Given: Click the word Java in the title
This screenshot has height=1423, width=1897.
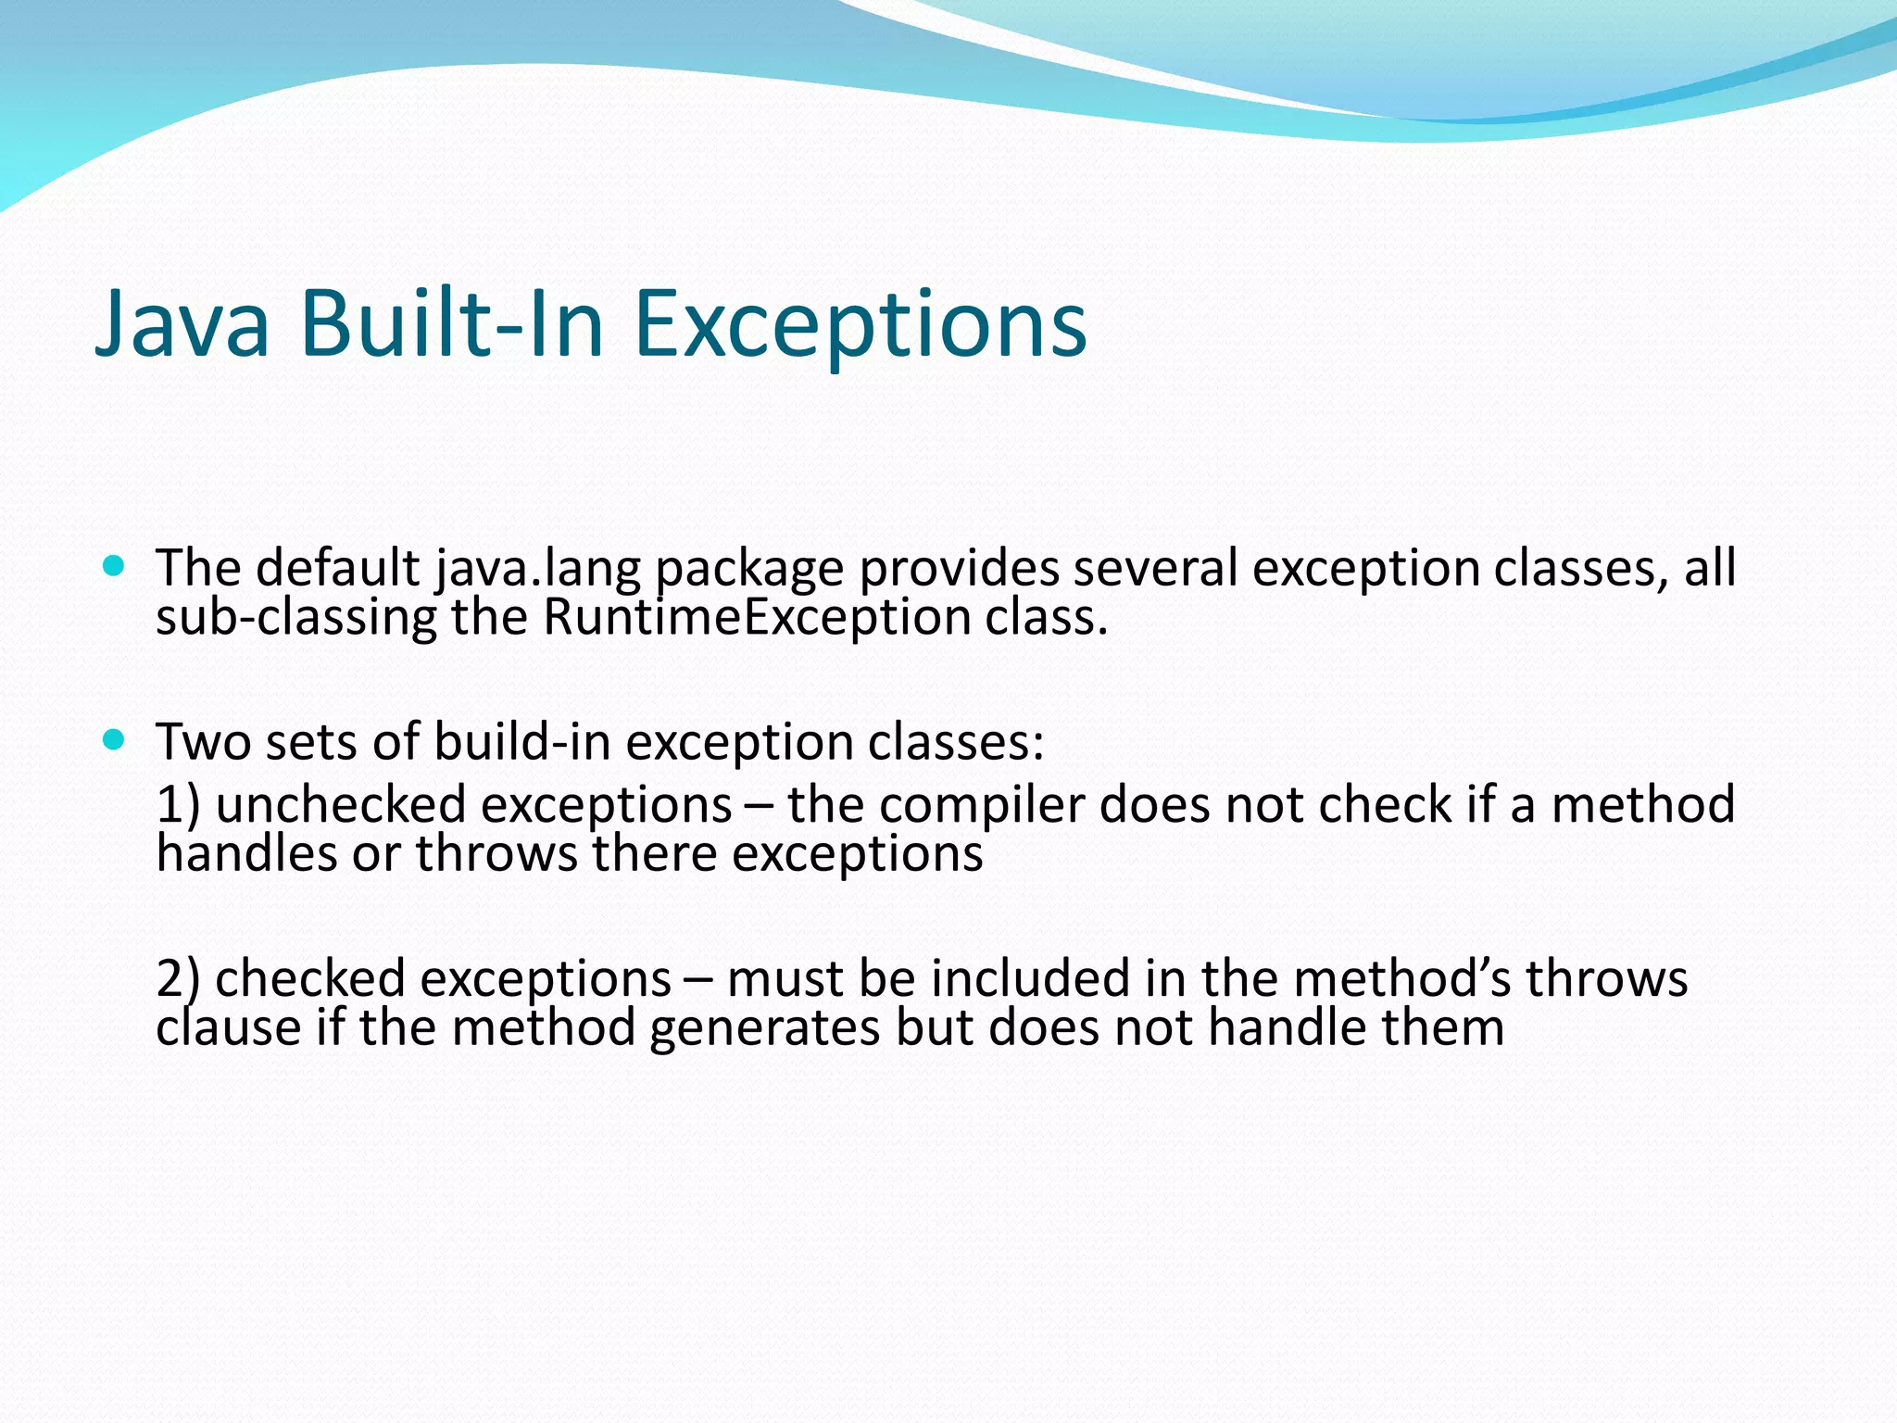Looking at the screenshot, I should click(182, 324).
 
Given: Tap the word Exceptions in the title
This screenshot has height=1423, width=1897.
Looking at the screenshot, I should click(861, 324).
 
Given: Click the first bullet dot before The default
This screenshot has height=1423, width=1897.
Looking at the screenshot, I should click(114, 566).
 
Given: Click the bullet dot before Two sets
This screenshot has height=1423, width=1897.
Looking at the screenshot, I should click(114, 739).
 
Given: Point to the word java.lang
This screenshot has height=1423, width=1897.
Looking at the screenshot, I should click(538, 569).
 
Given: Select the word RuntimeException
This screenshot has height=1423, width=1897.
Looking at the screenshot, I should click(756, 618).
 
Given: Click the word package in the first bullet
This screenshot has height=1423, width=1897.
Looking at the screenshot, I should click(749, 569).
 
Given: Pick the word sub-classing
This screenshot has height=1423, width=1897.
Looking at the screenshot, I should click(295, 618).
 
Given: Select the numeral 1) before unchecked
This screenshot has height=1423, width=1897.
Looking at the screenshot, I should click(178, 804).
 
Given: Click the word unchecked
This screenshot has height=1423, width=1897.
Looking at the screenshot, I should click(340, 804).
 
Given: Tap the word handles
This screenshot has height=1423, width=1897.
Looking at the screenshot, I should click(245, 853).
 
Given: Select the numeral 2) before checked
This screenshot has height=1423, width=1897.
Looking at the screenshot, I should click(178, 978).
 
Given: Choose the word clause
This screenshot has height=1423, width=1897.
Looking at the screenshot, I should click(228, 1027).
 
